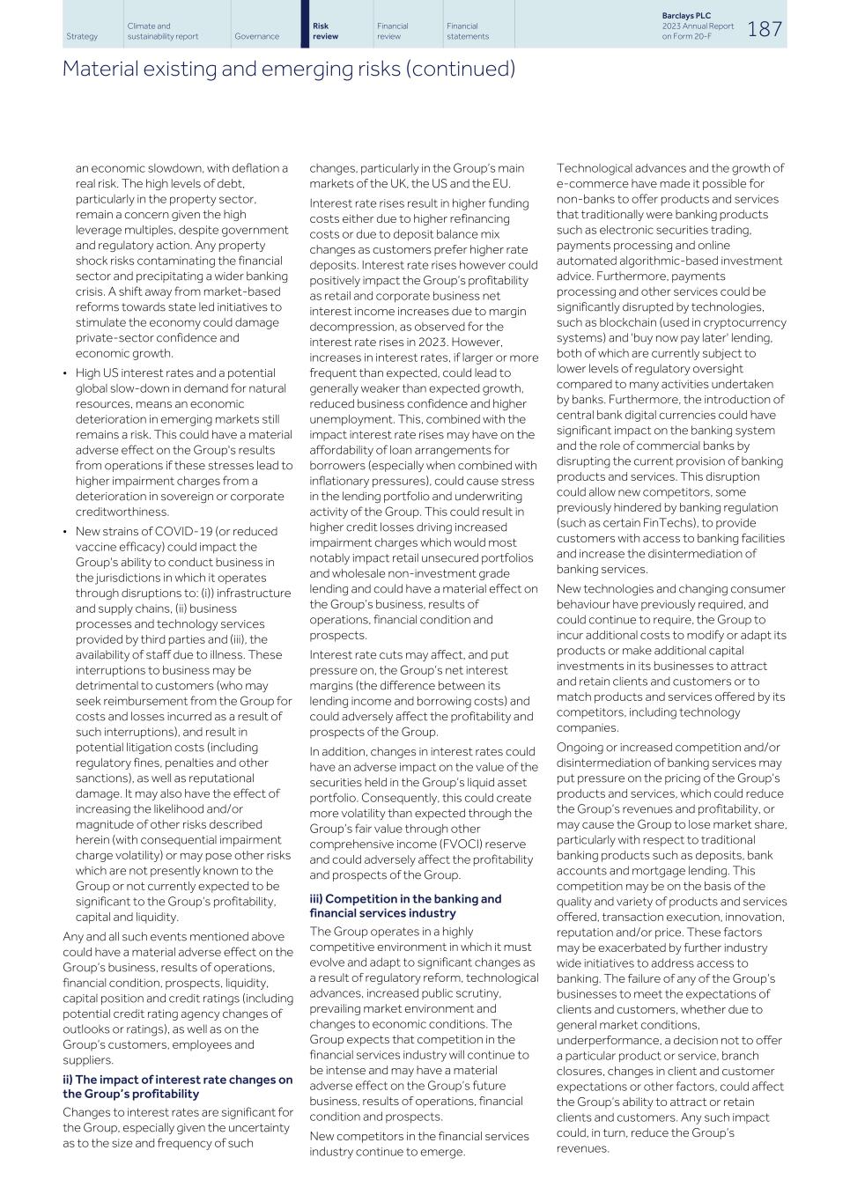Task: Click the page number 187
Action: click(765, 28)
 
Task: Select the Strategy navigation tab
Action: click(82, 37)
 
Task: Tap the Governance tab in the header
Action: click(256, 37)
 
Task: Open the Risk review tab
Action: click(326, 32)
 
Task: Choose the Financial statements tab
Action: click(467, 32)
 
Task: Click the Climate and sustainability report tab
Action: click(162, 32)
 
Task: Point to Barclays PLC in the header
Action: click(686, 16)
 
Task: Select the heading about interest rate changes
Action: click(177, 1087)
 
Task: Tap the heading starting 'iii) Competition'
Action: click(404, 905)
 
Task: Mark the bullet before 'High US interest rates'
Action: click(65, 373)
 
